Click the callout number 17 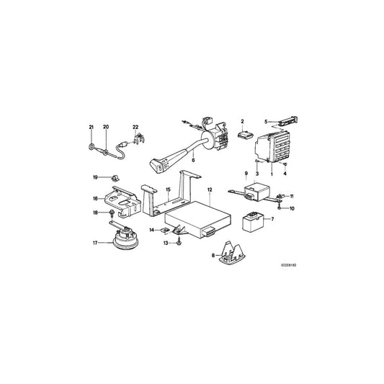pyautogui.click(x=96, y=242)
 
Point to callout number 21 pyautogui.click(x=92, y=128)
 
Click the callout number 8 pyautogui.click(x=213, y=254)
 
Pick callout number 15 pyautogui.click(x=168, y=192)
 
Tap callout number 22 pyautogui.click(x=134, y=128)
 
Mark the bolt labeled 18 pyautogui.click(x=112, y=214)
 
